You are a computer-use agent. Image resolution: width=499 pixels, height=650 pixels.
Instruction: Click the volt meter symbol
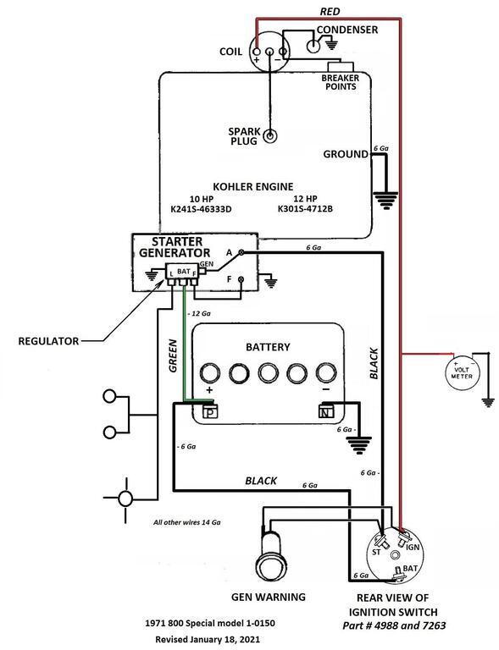(462, 372)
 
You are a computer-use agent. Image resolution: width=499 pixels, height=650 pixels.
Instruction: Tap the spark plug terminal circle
(270, 136)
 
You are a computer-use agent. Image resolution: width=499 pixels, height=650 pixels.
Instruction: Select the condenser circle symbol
(313, 46)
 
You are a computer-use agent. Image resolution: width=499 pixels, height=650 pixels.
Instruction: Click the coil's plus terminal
(257, 52)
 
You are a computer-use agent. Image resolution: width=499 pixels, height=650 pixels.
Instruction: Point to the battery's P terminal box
(210, 412)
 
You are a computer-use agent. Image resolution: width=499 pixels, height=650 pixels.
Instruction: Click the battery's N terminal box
(325, 411)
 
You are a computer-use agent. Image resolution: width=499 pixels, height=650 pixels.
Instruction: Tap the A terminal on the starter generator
(241, 252)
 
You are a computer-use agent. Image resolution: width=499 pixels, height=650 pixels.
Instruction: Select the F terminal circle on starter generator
(241, 279)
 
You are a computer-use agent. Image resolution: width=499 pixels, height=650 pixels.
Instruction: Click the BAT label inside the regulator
(183, 271)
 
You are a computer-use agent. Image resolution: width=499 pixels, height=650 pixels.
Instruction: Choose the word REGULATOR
(48, 341)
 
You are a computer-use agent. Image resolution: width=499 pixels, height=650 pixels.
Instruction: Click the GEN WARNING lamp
(272, 559)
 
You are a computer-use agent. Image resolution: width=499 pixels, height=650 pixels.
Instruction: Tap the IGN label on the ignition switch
(413, 548)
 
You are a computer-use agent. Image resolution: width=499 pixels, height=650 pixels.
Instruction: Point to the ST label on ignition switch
(376, 552)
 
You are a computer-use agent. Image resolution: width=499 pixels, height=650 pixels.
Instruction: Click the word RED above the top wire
(330, 12)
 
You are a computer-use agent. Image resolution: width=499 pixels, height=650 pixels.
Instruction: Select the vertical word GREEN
(173, 355)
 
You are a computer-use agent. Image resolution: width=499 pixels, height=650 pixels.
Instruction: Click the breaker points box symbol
(341, 67)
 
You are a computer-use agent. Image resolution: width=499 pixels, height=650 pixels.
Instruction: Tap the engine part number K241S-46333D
(201, 209)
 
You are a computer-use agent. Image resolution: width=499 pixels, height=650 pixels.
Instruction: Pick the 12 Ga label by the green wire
(199, 313)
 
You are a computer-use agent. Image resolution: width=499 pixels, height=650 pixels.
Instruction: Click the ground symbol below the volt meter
(488, 402)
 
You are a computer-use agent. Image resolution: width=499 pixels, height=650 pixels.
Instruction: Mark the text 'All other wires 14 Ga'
(186, 522)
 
